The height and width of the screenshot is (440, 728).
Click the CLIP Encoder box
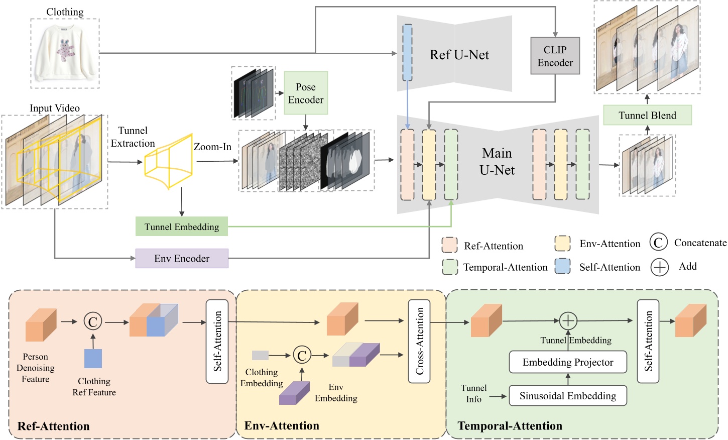tap(555, 56)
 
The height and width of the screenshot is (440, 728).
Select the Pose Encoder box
tap(306, 93)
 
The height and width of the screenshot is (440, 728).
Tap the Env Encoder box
tap(182, 259)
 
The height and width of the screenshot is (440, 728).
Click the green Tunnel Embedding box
tap(182, 227)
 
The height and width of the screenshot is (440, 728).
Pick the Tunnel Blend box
tap(647, 116)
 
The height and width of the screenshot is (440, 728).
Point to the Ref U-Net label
tap(459, 55)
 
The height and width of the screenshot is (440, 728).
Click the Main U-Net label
tap(497, 162)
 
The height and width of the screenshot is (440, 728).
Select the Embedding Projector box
tap(568, 362)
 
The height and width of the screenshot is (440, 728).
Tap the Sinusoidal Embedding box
tap(568, 396)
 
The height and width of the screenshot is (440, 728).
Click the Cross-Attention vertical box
tap(419, 341)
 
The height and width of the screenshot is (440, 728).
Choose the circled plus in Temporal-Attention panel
tap(568, 320)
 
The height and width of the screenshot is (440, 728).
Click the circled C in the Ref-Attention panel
tap(93, 321)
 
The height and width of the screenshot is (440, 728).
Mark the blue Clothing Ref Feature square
tap(93, 359)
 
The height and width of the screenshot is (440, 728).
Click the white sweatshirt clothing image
tap(65, 53)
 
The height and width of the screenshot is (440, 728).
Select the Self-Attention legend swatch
tap(562, 266)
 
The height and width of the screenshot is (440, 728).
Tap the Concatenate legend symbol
tap(658, 243)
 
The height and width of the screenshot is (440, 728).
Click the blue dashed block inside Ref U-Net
tap(408, 53)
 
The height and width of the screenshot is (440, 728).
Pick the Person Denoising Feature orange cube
tap(41, 325)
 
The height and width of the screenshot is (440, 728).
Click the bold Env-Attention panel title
tap(282, 426)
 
